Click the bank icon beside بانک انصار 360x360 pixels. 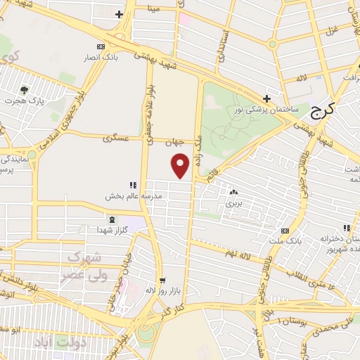(101, 46)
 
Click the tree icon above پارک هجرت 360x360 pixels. (25, 89)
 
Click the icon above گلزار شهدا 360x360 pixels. (103, 221)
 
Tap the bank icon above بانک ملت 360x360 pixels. (285, 231)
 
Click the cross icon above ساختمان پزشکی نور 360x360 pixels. (266, 98)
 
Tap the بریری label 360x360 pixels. (233, 202)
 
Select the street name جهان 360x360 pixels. (174, 142)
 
